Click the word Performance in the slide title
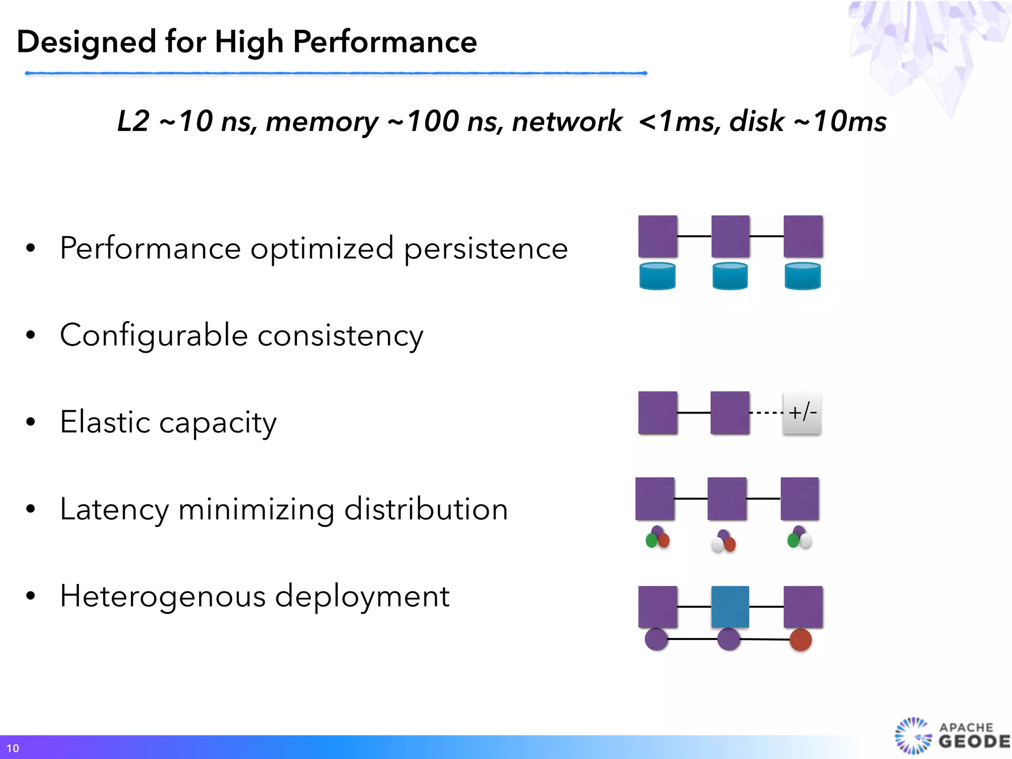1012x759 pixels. [x=384, y=42]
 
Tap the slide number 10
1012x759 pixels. [x=13, y=748]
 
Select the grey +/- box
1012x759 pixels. [x=802, y=413]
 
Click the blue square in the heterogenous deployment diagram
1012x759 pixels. [x=730, y=607]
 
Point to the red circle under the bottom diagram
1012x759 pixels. [x=801, y=640]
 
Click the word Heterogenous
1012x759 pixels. [x=163, y=596]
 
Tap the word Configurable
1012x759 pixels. [x=154, y=336]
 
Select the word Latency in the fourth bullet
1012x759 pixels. [x=114, y=509]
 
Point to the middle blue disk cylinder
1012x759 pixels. [x=730, y=276]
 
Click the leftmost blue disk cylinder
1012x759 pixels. [x=657, y=276]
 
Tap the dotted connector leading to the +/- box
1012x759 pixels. [x=766, y=413]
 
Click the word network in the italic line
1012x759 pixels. [x=567, y=121]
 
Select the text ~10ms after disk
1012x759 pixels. [x=840, y=121]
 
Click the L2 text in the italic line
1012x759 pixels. [x=133, y=121]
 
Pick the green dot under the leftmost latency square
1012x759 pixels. [x=651, y=541]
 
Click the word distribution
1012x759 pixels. [x=426, y=509]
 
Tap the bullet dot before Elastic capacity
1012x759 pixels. [x=31, y=422]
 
